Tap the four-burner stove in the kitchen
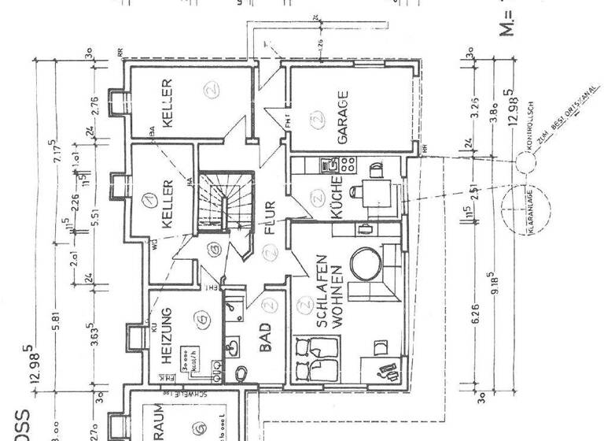[x=348, y=165]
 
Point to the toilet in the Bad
[x=239, y=369]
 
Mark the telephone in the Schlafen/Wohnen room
[x=386, y=369]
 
